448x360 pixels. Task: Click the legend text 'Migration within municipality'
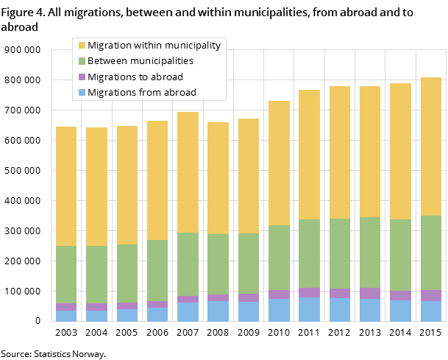click(x=154, y=46)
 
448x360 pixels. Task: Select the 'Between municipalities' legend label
click(x=140, y=61)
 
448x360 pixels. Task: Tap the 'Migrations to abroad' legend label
click(x=135, y=77)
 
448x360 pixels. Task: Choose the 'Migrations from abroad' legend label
click(x=141, y=92)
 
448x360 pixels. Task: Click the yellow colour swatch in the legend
click(x=82, y=46)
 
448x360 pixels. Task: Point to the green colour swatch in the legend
click(x=82, y=61)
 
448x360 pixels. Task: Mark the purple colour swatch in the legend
click(x=82, y=77)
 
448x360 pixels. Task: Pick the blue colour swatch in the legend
click(x=82, y=93)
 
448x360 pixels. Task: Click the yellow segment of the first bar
click(x=66, y=186)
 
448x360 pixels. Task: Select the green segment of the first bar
click(x=66, y=275)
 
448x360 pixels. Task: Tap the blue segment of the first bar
click(x=66, y=316)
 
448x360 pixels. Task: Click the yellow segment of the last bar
click(x=431, y=147)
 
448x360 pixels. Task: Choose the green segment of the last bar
click(x=431, y=253)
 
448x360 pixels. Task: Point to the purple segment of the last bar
click(x=431, y=295)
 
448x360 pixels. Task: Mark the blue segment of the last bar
click(x=431, y=311)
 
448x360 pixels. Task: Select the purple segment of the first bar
click(x=66, y=307)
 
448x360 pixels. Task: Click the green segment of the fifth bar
click(x=188, y=264)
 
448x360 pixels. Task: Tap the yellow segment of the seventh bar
click(x=249, y=176)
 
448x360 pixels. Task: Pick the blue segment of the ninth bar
click(x=309, y=309)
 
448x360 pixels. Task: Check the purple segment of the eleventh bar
click(x=370, y=293)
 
